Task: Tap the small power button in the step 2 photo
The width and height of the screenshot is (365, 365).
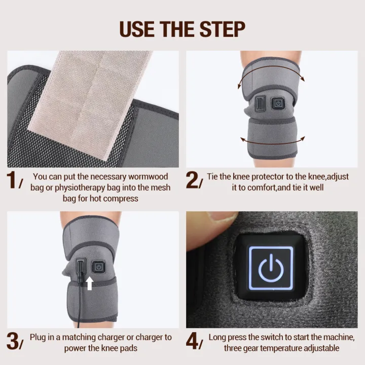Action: click(277, 104)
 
